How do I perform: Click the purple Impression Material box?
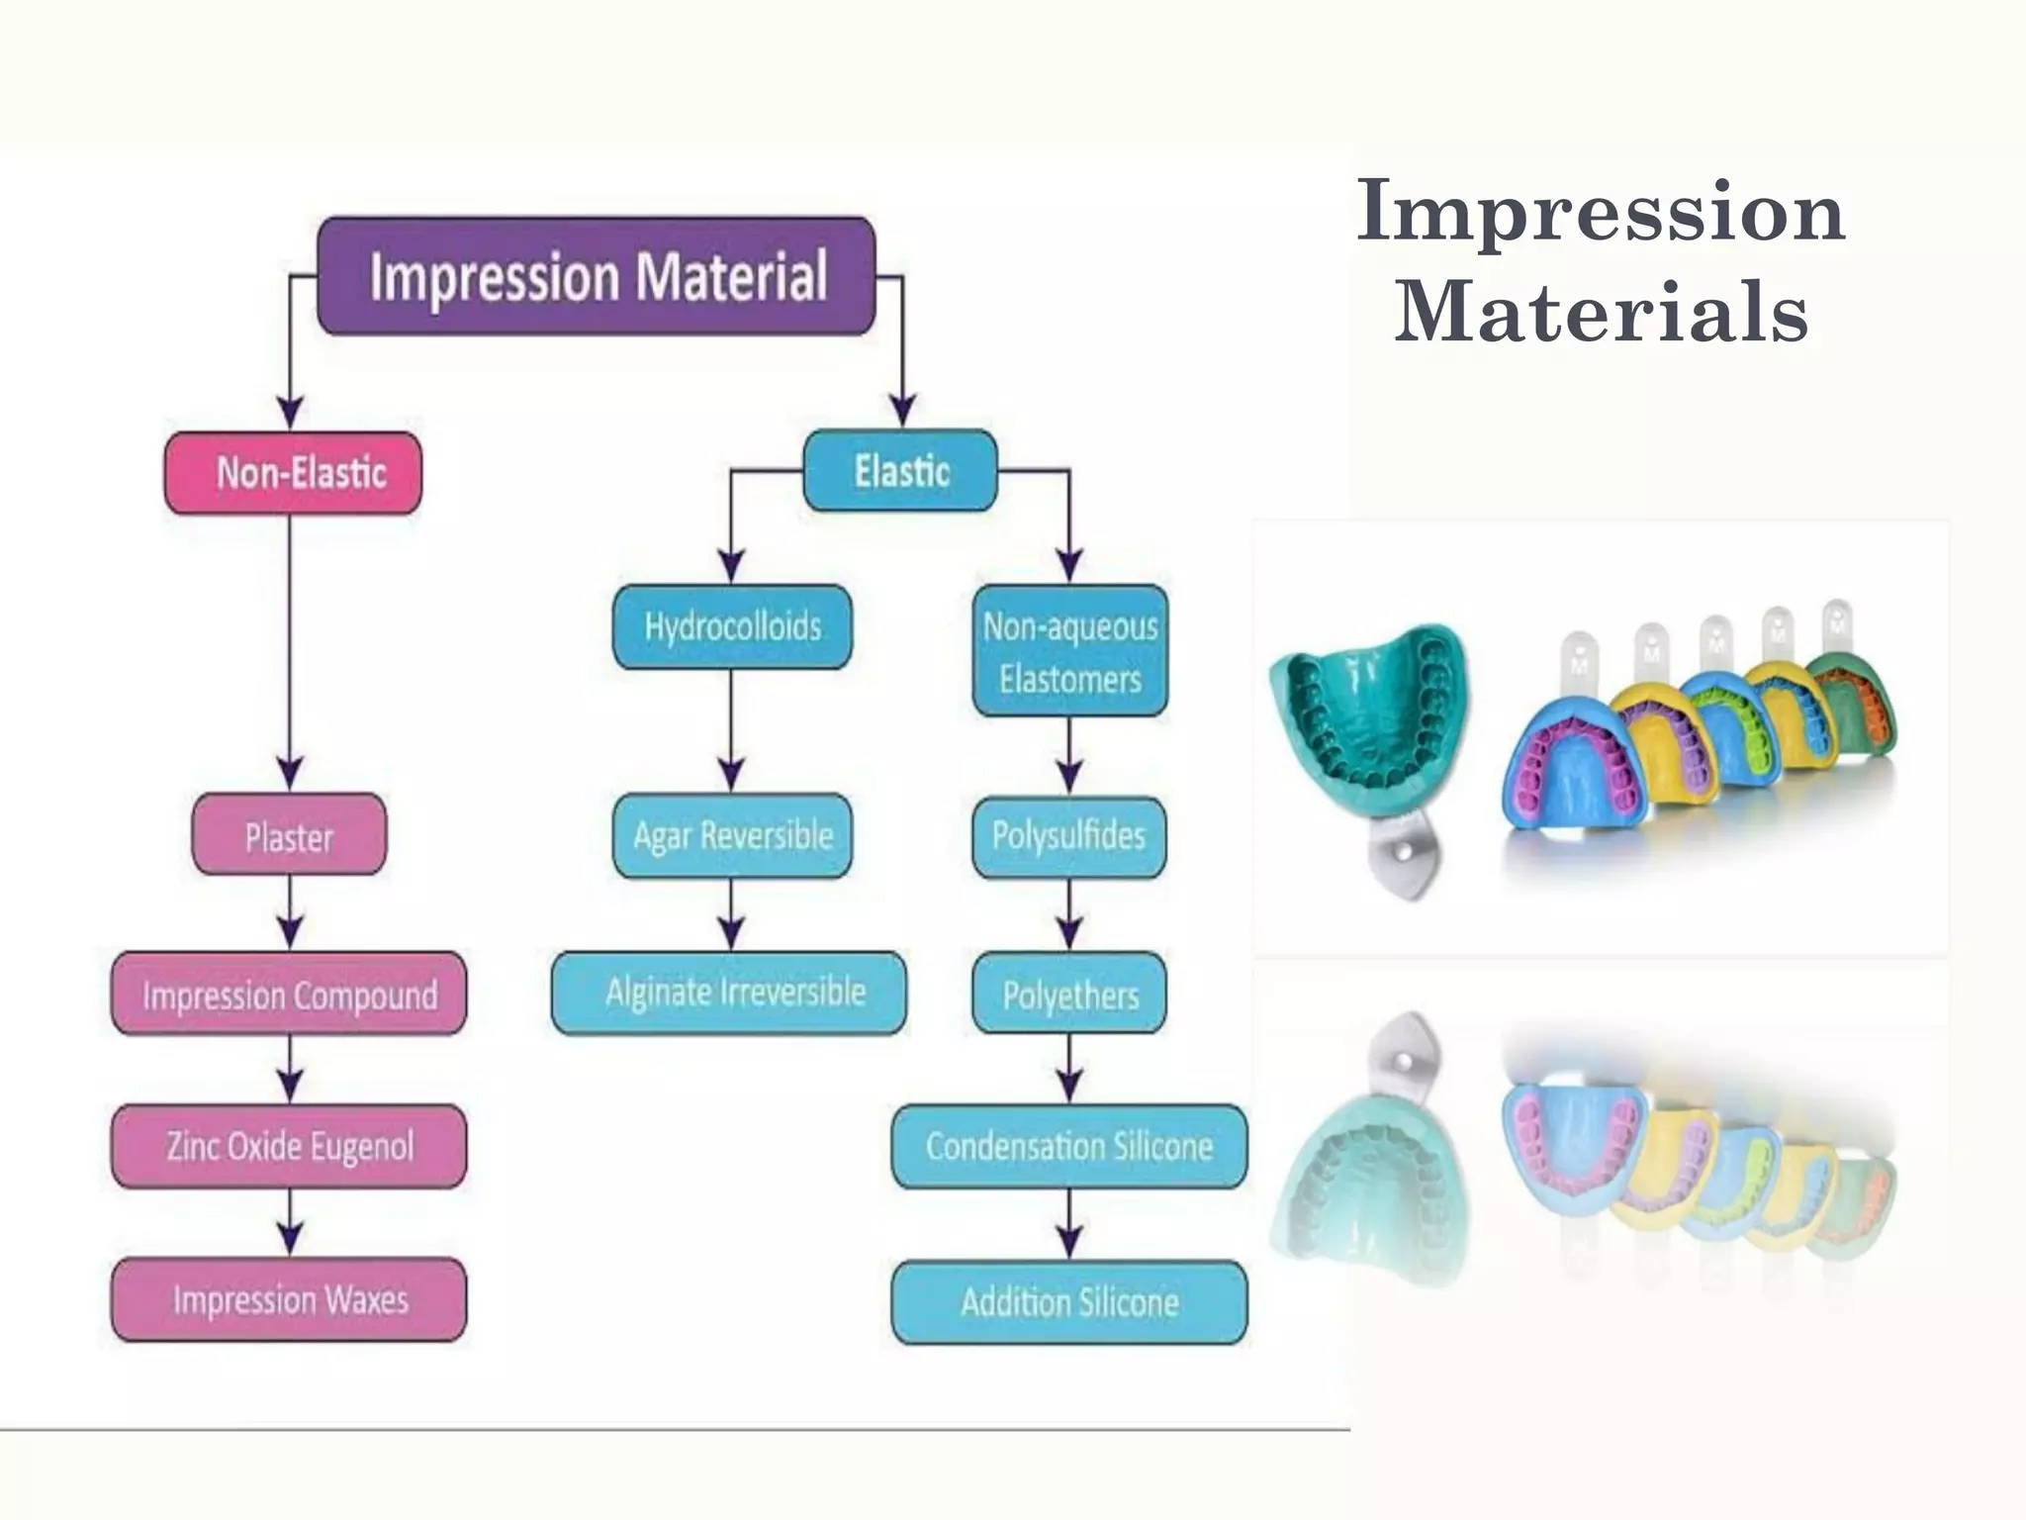597,276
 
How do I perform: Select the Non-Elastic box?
293,473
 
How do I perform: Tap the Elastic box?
900,471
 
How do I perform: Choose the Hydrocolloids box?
732,627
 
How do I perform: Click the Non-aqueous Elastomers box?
1069,652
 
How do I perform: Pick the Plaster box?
289,835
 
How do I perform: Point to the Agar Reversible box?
732,836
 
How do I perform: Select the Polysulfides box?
1068,836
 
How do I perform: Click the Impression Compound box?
289,994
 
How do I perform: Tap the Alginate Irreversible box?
730,993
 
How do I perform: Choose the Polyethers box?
1069,994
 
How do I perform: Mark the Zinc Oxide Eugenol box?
289,1147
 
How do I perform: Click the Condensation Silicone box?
1069,1147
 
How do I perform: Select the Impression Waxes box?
289,1300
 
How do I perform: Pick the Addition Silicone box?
1069,1302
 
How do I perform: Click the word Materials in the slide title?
1601,311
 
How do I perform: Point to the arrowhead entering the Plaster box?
290,775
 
